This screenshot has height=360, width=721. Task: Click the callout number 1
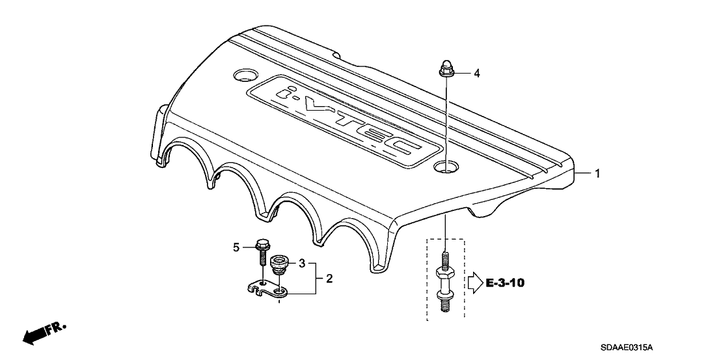coord(597,174)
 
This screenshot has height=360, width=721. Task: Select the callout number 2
coord(329,279)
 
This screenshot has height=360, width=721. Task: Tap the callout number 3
coord(302,264)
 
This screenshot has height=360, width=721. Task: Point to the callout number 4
coord(477,73)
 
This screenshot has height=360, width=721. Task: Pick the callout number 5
coord(236,248)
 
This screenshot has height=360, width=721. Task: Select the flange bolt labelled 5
coord(261,252)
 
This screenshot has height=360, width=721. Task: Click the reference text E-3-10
coord(505,283)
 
